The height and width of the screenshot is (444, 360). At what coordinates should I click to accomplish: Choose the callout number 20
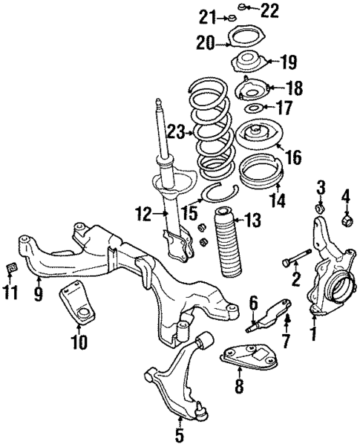pos(205,44)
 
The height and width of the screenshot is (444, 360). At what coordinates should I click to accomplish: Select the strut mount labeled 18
pos(250,92)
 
